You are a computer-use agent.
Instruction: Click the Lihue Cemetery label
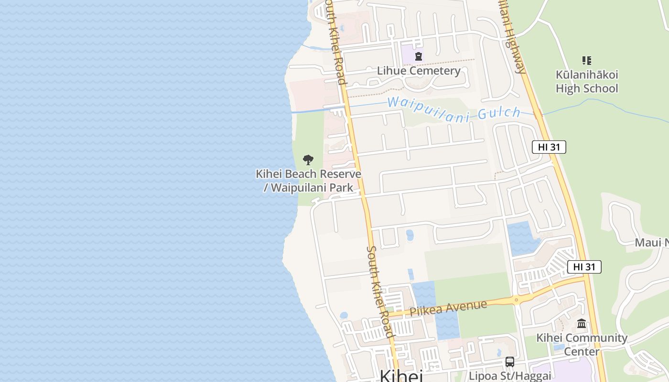pos(419,71)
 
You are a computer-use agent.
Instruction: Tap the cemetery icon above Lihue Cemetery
pos(419,56)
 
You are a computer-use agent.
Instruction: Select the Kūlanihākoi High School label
pos(587,82)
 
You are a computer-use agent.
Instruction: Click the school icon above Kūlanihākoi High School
pos(587,61)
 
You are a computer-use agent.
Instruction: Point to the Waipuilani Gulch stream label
pos(453,109)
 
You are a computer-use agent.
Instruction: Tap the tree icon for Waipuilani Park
pos(308,160)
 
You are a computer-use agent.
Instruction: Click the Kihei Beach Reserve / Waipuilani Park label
pos(308,180)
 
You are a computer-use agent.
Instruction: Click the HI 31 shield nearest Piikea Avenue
pos(584,267)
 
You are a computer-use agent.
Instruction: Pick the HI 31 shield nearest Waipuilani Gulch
pos(549,147)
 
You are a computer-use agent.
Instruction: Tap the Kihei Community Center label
pos(582,344)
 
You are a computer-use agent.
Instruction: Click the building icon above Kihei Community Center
pos(582,324)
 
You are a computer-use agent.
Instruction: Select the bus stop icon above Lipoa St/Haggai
pos(510,361)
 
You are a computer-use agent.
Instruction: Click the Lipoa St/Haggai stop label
pos(510,376)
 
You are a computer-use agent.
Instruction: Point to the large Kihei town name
pos(401,376)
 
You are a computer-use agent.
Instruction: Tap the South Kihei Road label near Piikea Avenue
pos(380,291)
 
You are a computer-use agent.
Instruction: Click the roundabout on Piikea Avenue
pos(516,300)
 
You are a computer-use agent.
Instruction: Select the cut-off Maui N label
pos(651,243)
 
